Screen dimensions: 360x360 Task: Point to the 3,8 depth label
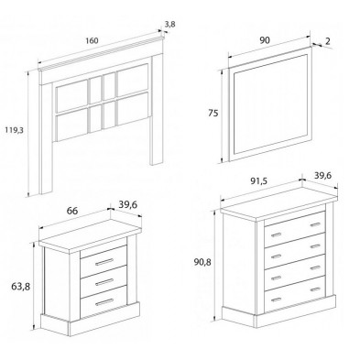coord(169,23)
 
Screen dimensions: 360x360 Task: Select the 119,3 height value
coord(14,129)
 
